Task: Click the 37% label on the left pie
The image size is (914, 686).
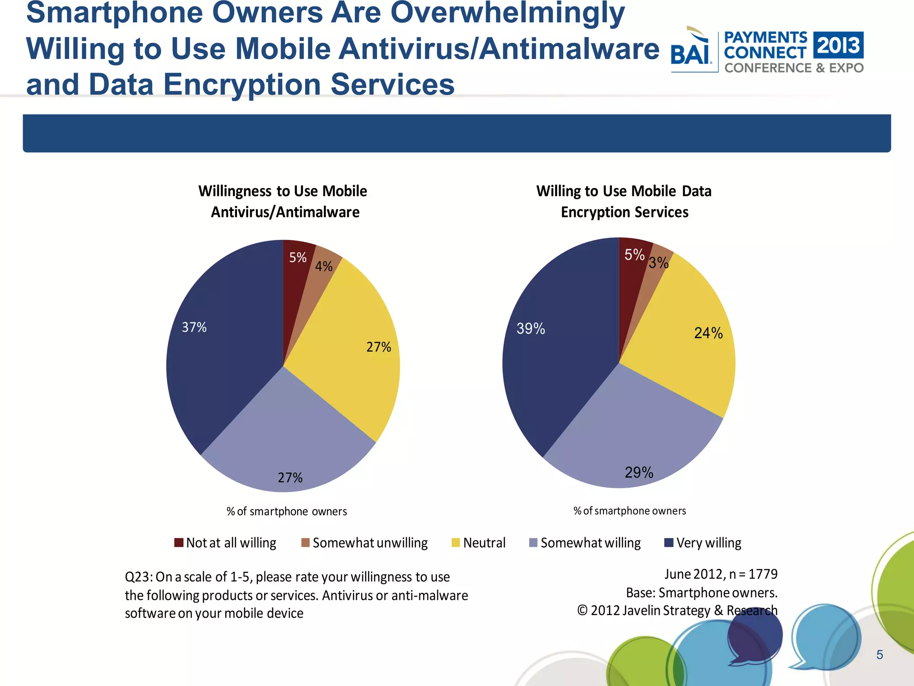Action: (194, 327)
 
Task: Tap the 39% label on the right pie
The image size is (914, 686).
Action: (531, 329)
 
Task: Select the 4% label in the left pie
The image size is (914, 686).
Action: (324, 267)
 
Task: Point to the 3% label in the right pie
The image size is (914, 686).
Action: (658, 263)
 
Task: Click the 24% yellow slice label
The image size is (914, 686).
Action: (708, 333)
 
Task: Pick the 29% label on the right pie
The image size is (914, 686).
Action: (639, 473)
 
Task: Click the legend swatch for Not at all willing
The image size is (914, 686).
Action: (179, 543)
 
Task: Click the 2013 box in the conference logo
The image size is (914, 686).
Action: (838, 45)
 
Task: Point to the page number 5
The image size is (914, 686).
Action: (880, 655)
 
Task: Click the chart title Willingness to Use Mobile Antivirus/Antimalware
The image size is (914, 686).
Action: (283, 201)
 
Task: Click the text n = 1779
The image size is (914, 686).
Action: (753, 574)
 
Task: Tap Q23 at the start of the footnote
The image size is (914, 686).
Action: (138, 577)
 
